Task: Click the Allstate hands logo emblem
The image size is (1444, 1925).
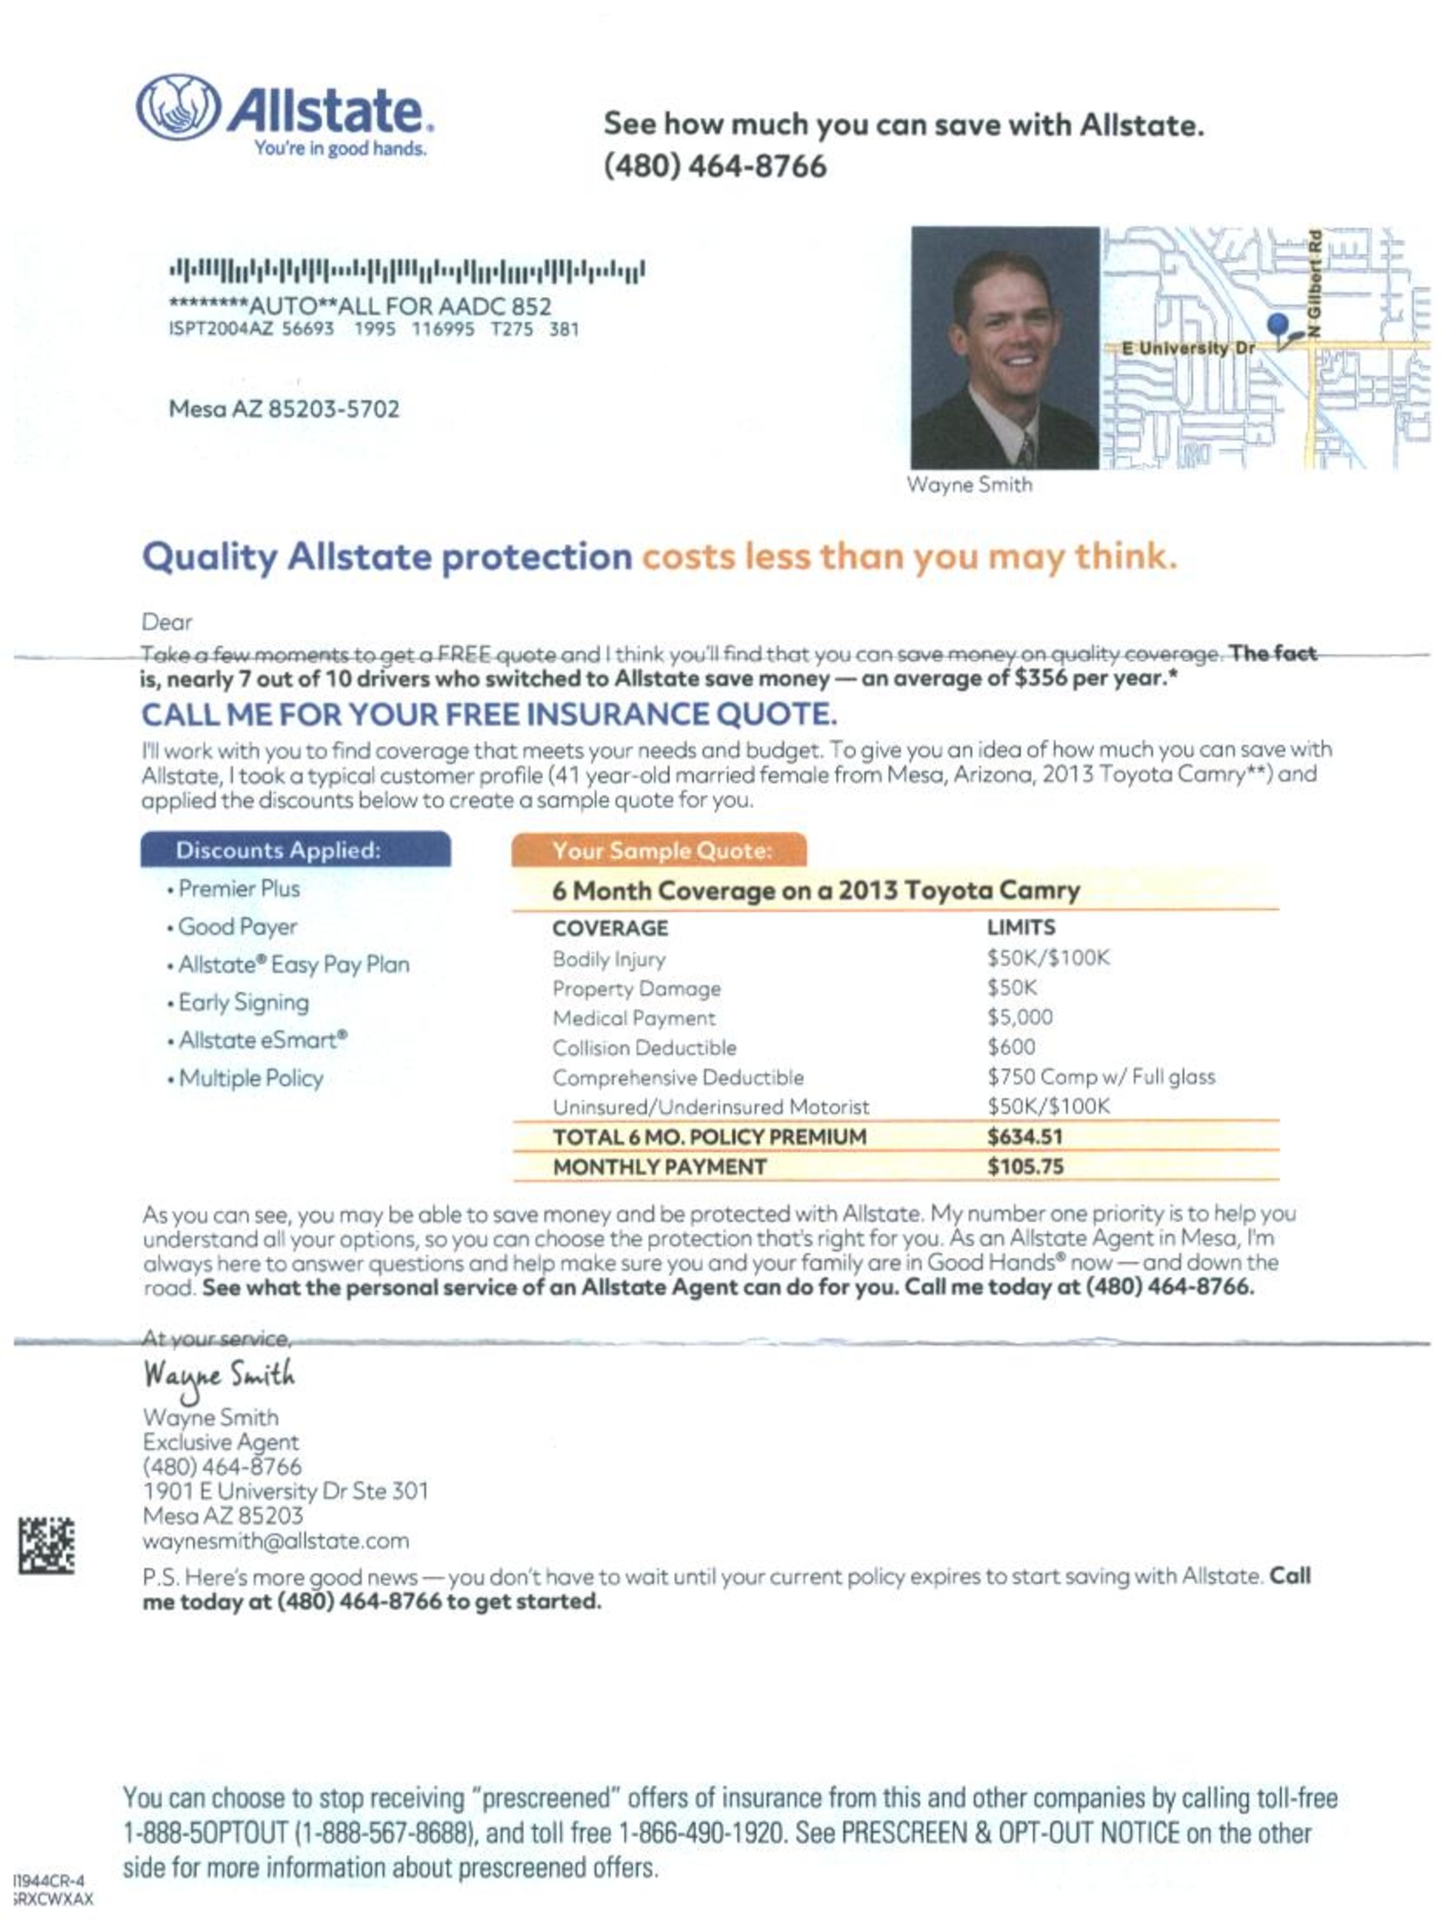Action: coord(178,107)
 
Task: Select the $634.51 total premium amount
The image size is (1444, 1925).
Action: coord(1024,1136)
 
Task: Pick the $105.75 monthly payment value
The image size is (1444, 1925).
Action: coord(1024,1166)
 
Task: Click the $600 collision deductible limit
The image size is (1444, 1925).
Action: coord(1010,1047)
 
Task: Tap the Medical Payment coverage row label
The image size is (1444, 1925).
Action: coord(634,1018)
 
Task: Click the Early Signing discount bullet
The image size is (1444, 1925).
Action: coord(243,1002)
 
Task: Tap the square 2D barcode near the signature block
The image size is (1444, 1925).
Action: coord(46,1545)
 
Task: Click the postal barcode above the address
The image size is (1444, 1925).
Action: coord(406,270)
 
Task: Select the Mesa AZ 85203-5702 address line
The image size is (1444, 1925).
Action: coord(284,409)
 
